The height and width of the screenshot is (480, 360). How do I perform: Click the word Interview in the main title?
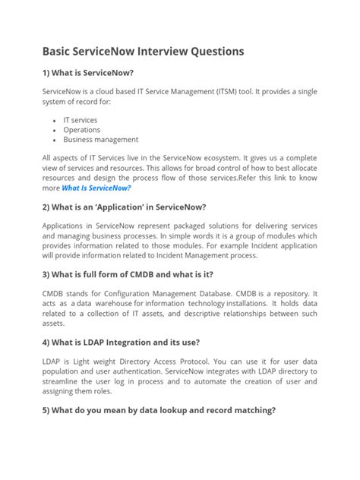(x=163, y=52)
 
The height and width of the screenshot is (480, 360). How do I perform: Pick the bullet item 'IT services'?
(x=80, y=120)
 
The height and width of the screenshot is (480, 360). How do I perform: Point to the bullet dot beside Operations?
(x=55, y=130)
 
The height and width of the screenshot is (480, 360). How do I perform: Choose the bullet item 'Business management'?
(x=100, y=140)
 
